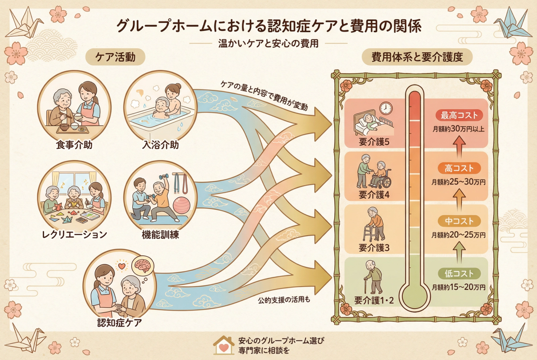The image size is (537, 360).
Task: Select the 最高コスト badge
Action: [459, 115]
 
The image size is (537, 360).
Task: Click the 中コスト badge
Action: [459, 221]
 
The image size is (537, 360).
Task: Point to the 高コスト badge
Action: [459, 168]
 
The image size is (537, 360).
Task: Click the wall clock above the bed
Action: [385, 108]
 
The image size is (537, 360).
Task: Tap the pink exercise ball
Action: [183, 205]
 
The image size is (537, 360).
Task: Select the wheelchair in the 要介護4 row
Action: [381, 178]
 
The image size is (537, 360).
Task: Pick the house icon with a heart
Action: [223, 344]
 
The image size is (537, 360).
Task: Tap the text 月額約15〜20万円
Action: [459, 287]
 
